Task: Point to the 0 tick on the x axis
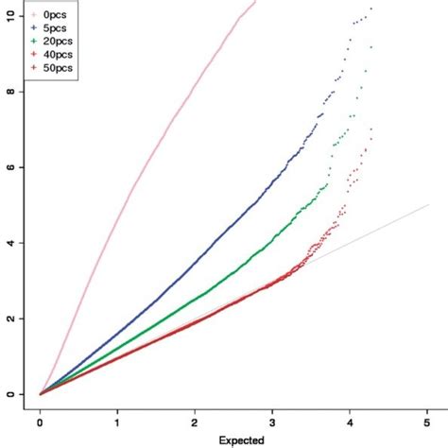41,424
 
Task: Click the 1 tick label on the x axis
118,424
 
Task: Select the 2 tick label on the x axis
196,424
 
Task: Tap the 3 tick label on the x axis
273,424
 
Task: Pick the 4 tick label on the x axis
351,424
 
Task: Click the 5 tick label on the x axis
428,424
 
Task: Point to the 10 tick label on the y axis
9,16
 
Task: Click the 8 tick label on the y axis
9,92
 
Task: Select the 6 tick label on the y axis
9,167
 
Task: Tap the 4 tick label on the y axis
9,243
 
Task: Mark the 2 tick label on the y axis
9,319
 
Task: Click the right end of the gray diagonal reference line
428,204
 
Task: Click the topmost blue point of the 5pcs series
371,9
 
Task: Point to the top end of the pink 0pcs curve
255,3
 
